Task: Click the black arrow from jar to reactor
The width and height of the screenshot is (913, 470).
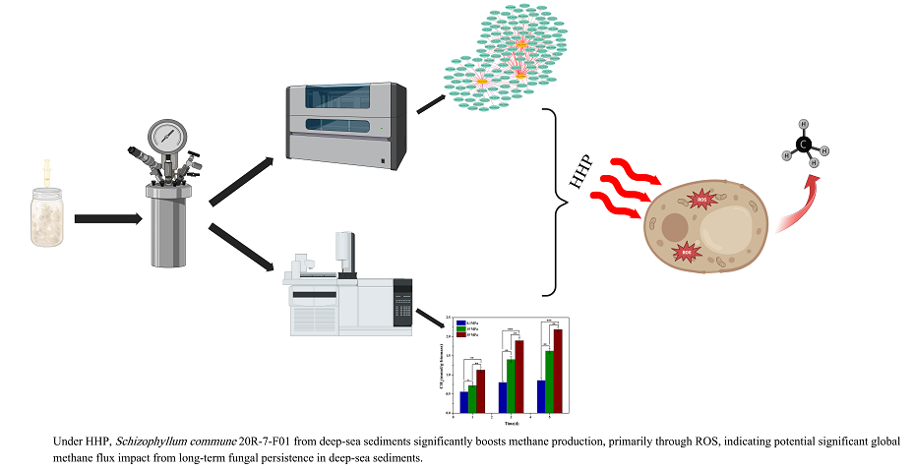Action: click(106, 218)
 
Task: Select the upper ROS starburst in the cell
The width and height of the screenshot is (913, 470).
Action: click(701, 200)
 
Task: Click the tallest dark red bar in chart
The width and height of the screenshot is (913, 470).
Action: click(558, 370)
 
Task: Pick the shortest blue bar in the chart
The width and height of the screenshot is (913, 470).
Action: click(464, 401)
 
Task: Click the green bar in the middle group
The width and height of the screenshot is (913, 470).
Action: click(510, 384)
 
